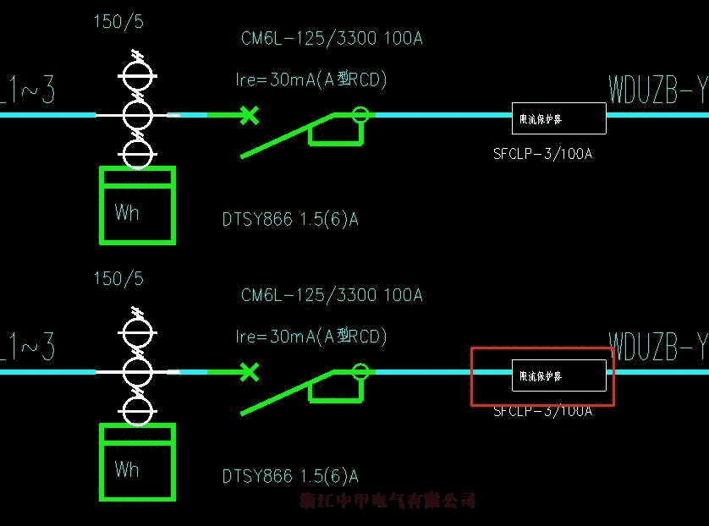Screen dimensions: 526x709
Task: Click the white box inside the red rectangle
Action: click(559, 375)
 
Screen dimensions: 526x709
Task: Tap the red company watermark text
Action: click(388, 501)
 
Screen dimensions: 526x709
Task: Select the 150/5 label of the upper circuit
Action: click(118, 22)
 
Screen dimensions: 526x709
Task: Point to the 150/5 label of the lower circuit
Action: click(118, 278)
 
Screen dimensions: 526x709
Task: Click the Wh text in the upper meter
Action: click(127, 212)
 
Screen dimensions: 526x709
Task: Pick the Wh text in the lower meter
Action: click(127, 468)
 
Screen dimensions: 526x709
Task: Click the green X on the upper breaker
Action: click(248, 114)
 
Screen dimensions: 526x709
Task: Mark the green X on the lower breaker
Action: click(248, 371)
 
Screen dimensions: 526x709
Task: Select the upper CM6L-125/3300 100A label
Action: click(332, 38)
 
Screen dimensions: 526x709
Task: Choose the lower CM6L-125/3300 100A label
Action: click(332, 295)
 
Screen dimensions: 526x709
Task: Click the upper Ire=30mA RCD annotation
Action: click(311, 80)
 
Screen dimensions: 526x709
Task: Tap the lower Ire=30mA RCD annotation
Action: click(311, 337)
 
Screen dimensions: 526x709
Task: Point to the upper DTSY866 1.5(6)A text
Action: click(290, 220)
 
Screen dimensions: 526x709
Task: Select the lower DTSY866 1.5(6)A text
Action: click(290, 477)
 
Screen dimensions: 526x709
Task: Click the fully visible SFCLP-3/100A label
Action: click(542, 154)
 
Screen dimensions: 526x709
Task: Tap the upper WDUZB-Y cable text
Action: click(657, 90)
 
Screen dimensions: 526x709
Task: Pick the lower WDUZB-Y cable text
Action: click(657, 346)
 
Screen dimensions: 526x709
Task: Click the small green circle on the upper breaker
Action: click(361, 114)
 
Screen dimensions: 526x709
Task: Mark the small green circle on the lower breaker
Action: click(361, 370)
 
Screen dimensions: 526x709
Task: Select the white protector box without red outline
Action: click(559, 118)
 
